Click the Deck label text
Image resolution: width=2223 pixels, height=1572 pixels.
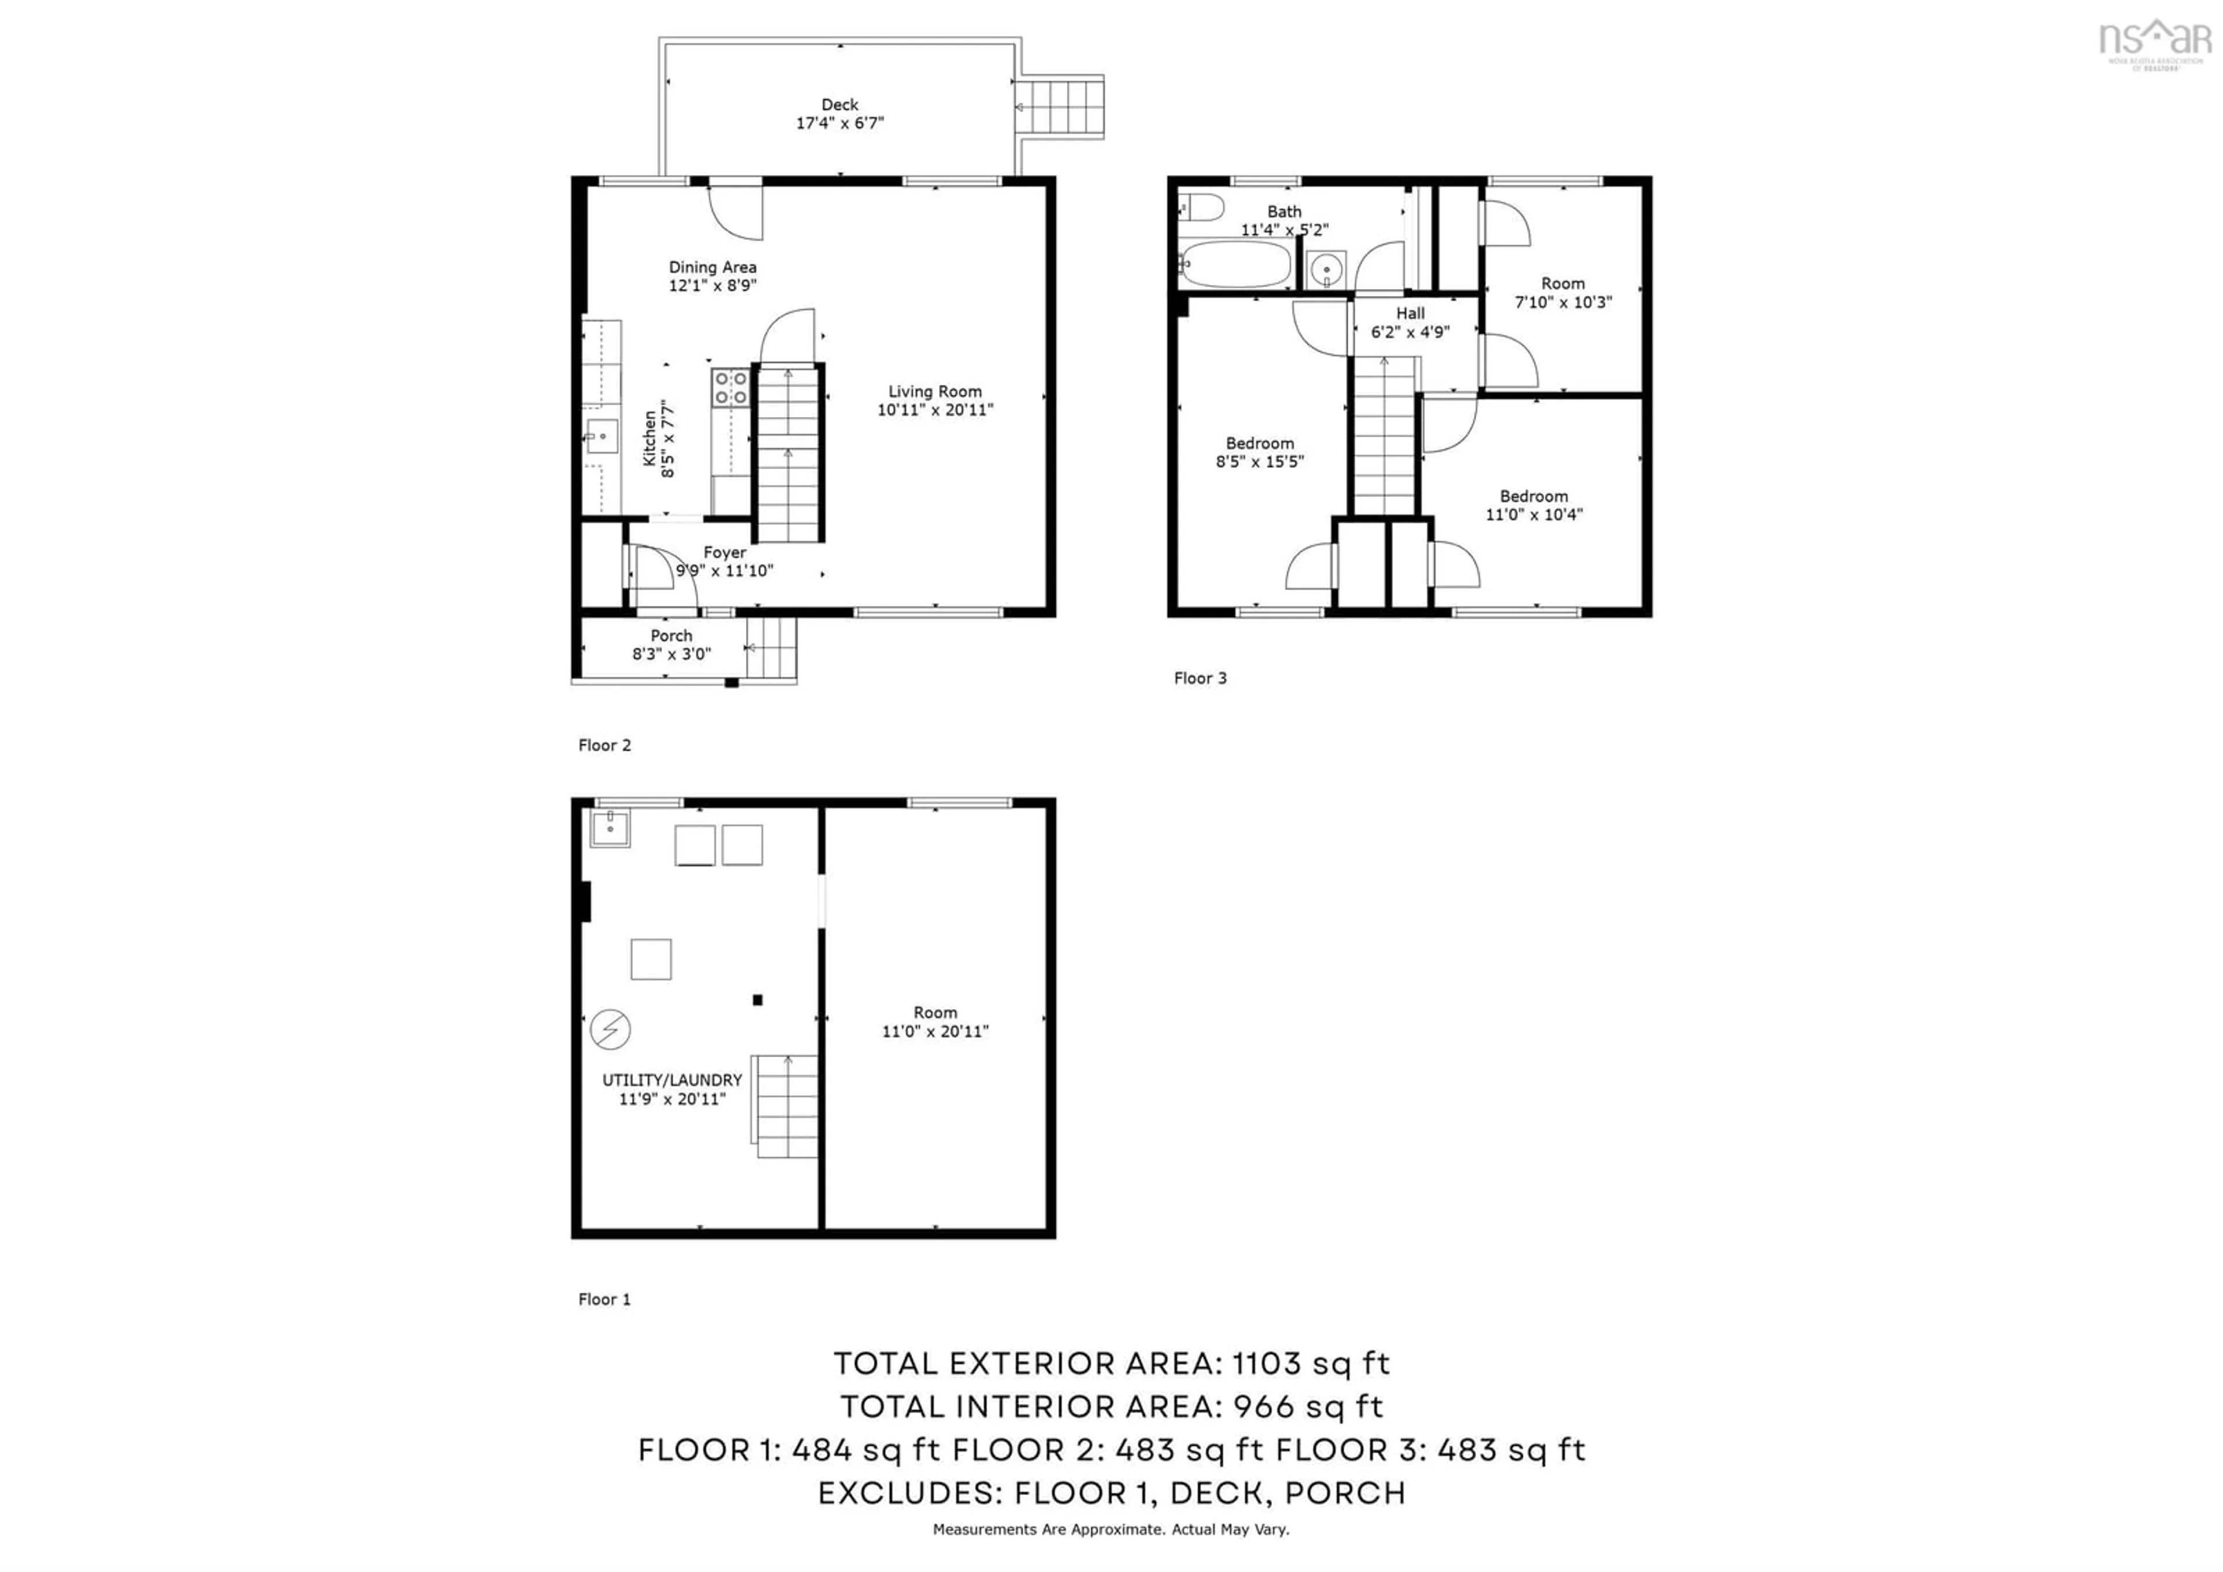click(839, 105)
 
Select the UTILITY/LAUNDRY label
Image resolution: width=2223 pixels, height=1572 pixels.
click(672, 1080)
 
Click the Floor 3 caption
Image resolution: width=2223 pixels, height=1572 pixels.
click(1199, 679)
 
